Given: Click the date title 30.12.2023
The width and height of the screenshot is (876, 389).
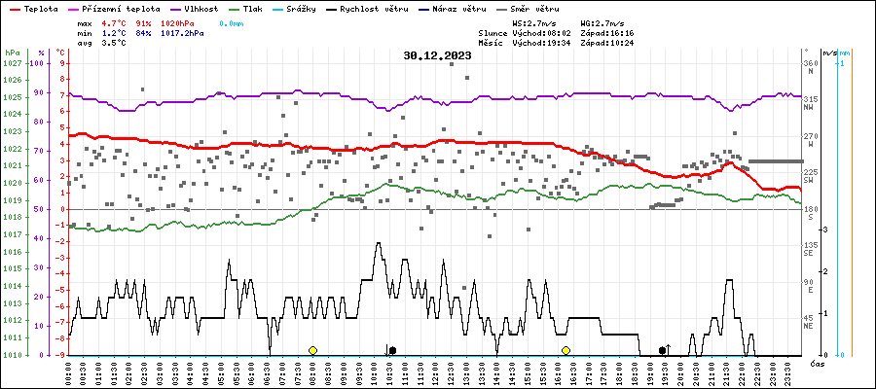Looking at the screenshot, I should click(437, 55).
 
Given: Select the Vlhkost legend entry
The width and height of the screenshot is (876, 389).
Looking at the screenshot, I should click(201, 8).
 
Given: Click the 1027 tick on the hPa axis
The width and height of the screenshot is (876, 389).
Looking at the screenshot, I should click(12, 63).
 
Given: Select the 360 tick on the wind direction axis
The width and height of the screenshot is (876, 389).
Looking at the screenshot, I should click(810, 63).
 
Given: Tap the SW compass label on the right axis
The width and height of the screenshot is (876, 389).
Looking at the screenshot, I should click(810, 181).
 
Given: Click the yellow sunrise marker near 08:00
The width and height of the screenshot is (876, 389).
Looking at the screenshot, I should click(312, 350).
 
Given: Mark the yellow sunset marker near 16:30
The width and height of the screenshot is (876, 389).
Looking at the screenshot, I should click(566, 350).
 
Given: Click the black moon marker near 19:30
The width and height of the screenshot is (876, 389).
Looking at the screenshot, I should click(663, 350).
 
